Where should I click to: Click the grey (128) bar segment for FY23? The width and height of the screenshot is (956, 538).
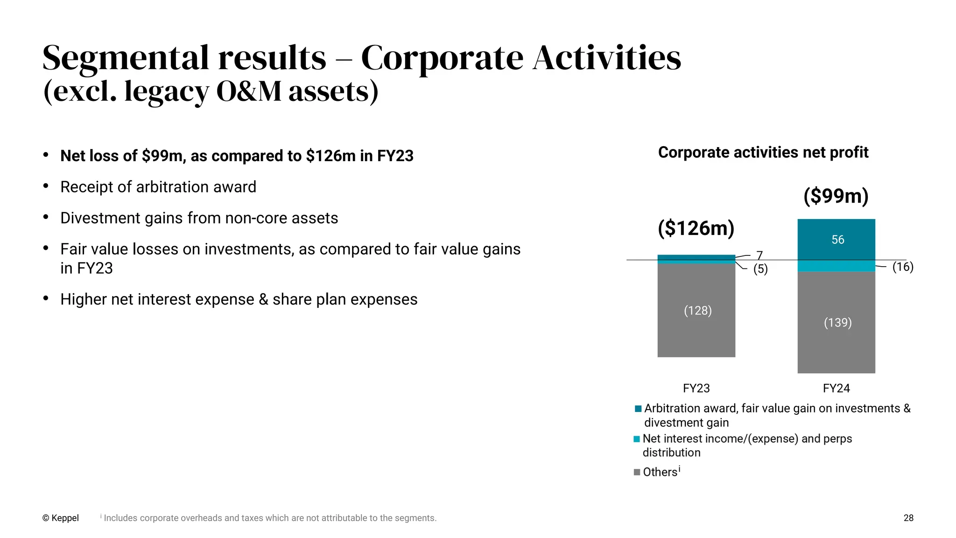[x=696, y=311]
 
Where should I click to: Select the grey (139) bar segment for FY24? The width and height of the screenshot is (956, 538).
[x=836, y=322]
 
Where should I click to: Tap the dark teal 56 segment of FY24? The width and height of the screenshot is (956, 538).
[x=836, y=240]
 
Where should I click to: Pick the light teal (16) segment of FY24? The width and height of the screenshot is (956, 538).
[x=836, y=266]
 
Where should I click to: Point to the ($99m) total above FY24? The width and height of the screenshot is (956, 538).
[x=836, y=196]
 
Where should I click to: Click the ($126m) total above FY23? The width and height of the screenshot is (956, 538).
[x=696, y=228]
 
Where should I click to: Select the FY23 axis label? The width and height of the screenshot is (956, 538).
[x=696, y=388]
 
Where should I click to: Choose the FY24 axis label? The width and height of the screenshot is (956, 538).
[x=836, y=388]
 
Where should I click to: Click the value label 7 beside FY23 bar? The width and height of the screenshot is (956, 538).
[x=759, y=255]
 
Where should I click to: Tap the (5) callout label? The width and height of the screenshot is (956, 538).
[x=760, y=269]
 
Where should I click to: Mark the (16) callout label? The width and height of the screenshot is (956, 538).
[x=903, y=267]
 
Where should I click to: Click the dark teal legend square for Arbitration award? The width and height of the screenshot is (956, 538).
[x=638, y=409]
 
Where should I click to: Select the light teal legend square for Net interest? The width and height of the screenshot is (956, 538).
[x=637, y=439]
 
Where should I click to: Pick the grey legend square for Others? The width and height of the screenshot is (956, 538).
[x=637, y=472]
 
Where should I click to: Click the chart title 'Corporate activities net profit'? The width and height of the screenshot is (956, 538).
[x=763, y=152]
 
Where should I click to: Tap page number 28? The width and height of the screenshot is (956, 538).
[x=908, y=518]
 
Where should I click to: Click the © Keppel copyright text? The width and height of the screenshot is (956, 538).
[x=60, y=518]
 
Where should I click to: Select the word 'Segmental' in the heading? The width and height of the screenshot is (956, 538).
[x=125, y=58]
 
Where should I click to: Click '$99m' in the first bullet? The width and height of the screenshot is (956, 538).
[x=162, y=156]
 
